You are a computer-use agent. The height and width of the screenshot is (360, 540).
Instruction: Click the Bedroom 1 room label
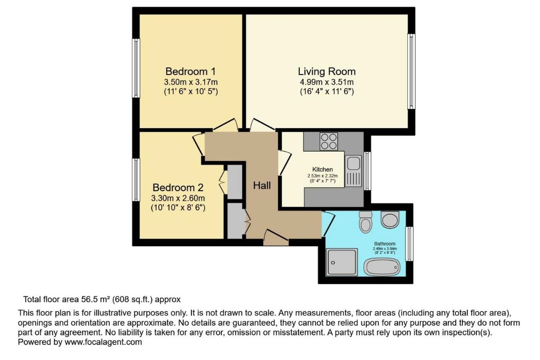click(190, 71)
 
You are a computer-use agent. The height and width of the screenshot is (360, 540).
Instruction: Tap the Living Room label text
click(327, 71)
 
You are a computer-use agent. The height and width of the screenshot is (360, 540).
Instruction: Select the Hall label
click(262, 186)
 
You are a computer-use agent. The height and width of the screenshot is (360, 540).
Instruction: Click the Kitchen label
click(322, 169)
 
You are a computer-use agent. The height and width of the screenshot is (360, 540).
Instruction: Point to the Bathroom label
click(385, 244)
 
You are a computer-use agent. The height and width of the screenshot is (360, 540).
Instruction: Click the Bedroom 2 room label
click(178, 187)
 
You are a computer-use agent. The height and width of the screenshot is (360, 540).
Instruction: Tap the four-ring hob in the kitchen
click(329, 141)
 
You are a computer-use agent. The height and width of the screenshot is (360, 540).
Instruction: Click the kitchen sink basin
click(354, 163)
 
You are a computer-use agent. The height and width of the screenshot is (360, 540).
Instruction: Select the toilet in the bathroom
click(365, 222)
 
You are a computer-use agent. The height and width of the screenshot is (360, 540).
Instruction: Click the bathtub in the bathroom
click(382, 267)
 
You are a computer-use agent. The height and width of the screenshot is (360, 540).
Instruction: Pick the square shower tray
click(342, 262)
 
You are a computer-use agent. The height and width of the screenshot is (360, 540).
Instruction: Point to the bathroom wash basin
click(390, 220)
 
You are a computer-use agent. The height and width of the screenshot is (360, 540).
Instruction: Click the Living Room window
click(411, 71)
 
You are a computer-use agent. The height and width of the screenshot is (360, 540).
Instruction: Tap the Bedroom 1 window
click(136, 68)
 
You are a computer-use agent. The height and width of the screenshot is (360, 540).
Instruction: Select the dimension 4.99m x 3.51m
click(327, 82)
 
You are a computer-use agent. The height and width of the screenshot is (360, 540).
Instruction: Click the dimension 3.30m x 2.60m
click(178, 198)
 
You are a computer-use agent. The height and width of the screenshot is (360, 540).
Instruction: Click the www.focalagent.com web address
click(103, 342)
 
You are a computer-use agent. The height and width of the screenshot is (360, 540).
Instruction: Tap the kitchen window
click(367, 171)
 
